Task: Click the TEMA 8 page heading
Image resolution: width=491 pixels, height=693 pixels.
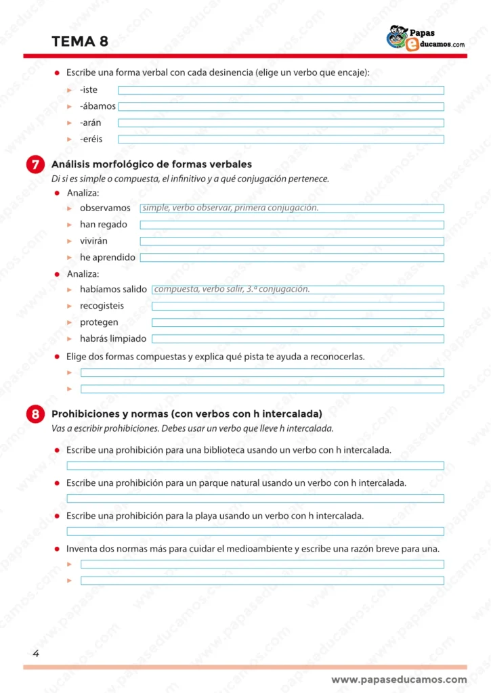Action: coord(80,42)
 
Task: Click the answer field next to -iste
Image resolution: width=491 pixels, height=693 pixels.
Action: coord(281,91)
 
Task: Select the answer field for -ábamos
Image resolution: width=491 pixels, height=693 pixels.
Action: coord(281,107)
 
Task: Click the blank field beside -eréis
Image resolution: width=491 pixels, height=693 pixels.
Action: coord(281,139)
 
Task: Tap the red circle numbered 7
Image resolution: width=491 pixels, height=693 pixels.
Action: coord(35,165)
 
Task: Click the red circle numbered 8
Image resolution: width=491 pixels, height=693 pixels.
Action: coord(35,414)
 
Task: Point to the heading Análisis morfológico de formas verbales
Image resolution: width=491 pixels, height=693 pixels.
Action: coord(152,164)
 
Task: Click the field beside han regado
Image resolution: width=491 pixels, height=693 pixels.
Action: coord(292,225)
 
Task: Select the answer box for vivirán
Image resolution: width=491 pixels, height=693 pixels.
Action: coord(292,241)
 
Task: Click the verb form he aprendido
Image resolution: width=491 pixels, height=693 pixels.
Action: coord(108,258)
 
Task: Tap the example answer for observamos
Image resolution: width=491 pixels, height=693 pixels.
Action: coord(230,208)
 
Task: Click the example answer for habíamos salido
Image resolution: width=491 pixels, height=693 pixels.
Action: coord(232,289)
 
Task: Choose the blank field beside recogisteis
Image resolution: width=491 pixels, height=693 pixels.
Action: coord(298,306)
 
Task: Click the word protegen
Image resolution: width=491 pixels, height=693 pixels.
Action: coord(99,323)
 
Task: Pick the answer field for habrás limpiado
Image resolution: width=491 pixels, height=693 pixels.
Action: coord(298,339)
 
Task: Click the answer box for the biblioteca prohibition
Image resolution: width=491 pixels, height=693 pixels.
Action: coord(255,466)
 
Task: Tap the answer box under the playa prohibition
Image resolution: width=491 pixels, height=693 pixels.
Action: coord(255,531)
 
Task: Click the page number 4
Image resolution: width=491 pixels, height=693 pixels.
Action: coord(35,653)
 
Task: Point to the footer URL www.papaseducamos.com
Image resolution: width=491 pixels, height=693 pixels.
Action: coord(399,679)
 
